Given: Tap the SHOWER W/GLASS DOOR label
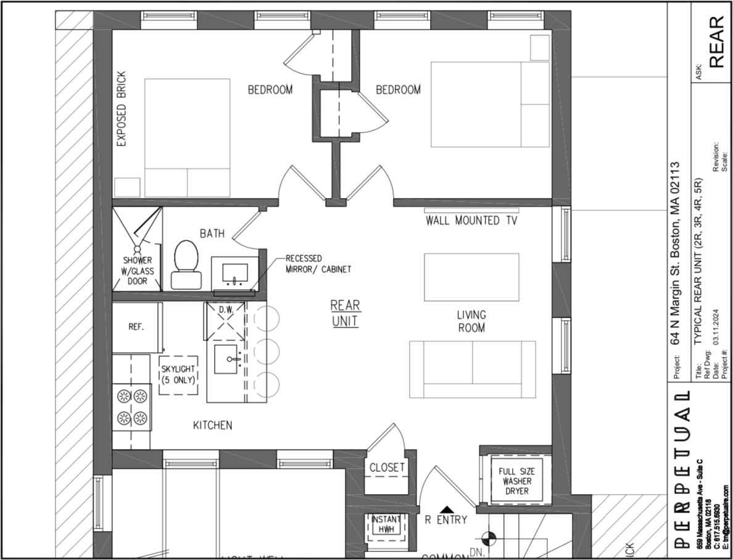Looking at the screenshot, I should [x=137, y=271].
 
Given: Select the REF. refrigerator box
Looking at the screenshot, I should [x=136, y=327].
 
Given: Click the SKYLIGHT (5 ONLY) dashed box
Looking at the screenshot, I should [x=178, y=374].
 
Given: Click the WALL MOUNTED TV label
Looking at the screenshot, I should [x=471, y=220].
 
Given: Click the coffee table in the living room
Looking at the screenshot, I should [x=471, y=277].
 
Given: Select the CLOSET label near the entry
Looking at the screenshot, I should [x=387, y=467].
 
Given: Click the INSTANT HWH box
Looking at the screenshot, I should [x=387, y=524].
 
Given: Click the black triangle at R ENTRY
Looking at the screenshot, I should [x=447, y=509].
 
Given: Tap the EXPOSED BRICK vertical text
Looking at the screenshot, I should [x=122, y=109].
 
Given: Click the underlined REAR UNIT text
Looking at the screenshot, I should [x=345, y=313].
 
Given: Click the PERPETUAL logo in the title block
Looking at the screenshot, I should [x=682, y=469].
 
